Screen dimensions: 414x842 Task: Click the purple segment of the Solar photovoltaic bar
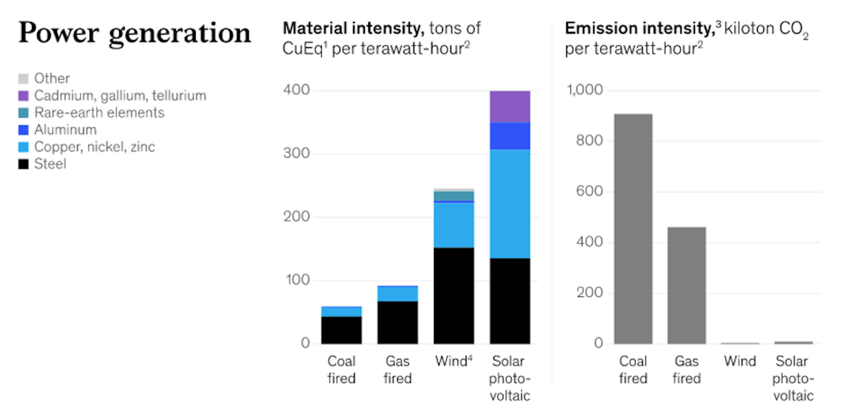click(510, 107)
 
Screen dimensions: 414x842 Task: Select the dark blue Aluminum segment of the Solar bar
click(510, 136)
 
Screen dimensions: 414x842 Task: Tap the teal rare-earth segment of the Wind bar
click(454, 196)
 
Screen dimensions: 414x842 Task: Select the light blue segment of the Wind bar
click(454, 225)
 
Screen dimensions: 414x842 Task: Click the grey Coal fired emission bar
click(633, 229)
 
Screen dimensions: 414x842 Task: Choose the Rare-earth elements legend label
click(99, 113)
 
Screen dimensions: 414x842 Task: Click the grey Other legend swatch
click(23, 79)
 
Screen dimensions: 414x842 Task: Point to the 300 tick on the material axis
click(296, 153)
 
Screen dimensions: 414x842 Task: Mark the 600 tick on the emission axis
click(589, 191)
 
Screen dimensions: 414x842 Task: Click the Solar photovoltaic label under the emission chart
click(793, 378)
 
